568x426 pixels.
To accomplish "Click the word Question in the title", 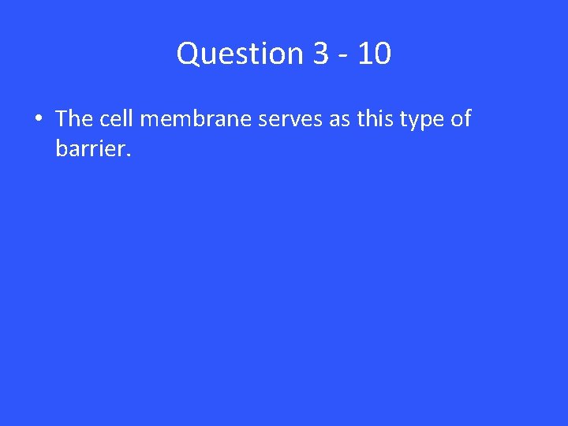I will click(241, 54).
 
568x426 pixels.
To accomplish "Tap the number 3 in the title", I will click(320, 54).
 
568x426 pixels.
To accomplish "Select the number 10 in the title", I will click(373, 54).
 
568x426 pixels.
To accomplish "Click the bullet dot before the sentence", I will click(38, 120).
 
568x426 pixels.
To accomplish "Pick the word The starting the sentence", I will click(75, 119).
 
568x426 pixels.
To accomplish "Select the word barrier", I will click(89, 148).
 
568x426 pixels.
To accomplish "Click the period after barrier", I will click(125, 154).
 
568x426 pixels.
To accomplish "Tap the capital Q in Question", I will click(189, 54).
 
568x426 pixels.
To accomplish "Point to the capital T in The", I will click(62, 119).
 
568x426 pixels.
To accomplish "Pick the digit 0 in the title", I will click(381, 54).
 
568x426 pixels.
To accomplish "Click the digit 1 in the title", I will click(364, 54).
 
